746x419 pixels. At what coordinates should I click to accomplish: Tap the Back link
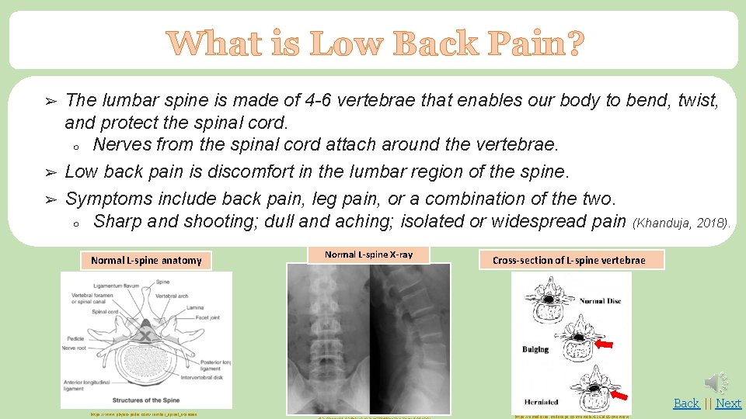686,403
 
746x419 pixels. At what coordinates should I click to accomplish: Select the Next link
728,403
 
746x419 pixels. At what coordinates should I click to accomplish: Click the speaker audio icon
716,382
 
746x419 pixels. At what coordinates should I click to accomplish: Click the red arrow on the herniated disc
620,396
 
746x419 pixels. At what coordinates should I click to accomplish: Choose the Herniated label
541,402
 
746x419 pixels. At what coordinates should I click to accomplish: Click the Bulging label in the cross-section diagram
535,349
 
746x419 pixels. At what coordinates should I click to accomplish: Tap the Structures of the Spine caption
146,399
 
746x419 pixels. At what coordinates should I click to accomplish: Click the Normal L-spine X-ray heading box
368,255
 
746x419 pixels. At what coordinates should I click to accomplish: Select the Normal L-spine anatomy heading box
146,261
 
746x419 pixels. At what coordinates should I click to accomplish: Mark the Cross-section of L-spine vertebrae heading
569,260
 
